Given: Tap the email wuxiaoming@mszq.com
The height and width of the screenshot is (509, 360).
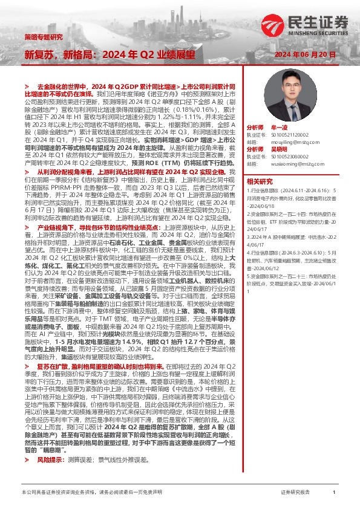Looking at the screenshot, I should pyautogui.click(x=292, y=162).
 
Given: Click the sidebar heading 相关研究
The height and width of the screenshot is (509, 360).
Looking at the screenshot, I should pyautogui.click(x=260, y=181).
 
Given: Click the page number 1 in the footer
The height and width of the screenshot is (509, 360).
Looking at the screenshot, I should pyautogui.click(x=334, y=493).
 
